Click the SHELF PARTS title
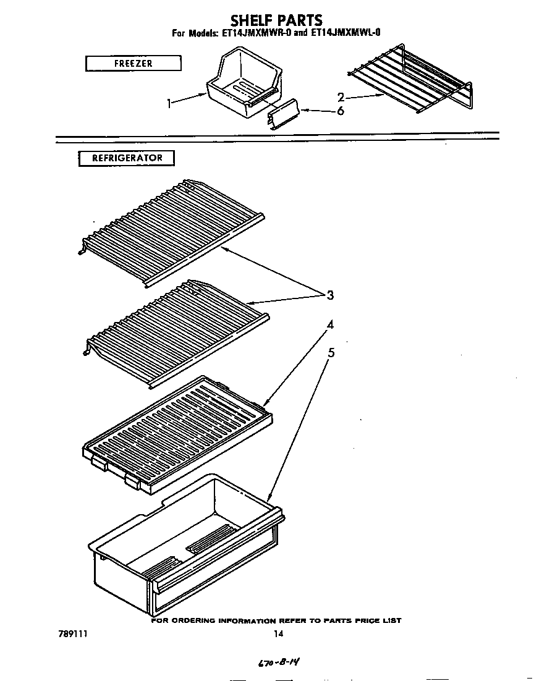(x=276, y=20)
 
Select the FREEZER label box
(x=133, y=63)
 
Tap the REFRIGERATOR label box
(x=127, y=158)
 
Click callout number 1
(x=169, y=104)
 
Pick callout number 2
(x=341, y=97)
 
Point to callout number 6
(x=340, y=111)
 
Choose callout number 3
(x=330, y=295)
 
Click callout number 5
(x=331, y=353)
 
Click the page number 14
(x=278, y=633)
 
